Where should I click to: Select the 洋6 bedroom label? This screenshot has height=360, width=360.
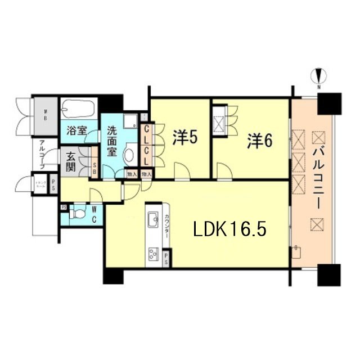260,141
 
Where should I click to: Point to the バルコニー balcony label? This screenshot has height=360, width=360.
318,175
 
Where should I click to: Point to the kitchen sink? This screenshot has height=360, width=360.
154,218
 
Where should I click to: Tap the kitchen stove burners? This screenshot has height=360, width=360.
154,254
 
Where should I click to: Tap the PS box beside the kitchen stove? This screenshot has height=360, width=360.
168,258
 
